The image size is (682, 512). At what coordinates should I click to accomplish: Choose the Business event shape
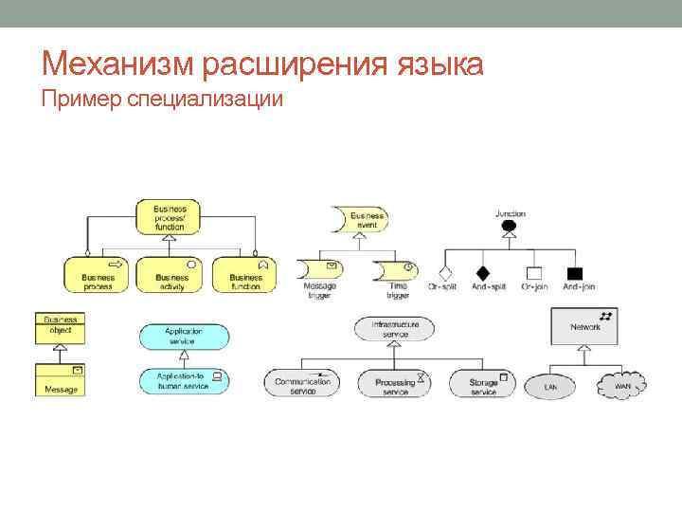[x=358, y=219]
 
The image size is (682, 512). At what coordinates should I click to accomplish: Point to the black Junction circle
[x=510, y=227]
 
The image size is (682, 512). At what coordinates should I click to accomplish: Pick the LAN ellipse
[x=551, y=387]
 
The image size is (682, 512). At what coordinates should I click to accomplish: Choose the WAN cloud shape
[x=621, y=385]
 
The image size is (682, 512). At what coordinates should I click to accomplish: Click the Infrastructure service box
[x=394, y=329]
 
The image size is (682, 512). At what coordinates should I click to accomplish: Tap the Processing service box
[x=393, y=384]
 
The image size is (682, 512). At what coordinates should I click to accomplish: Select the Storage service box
[x=484, y=384]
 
